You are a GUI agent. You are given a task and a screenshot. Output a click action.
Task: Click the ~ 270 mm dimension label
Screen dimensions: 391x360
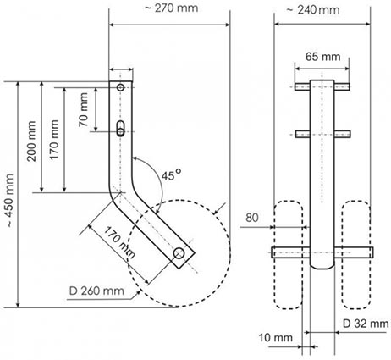[x=171, y=8]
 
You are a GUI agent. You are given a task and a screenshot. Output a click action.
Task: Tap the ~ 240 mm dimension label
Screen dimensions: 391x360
[x=313, y=10]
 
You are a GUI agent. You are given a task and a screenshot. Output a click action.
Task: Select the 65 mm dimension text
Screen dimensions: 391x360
[x=322, y=57]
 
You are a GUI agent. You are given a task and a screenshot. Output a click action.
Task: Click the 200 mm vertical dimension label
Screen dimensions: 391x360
[x=31, y=141]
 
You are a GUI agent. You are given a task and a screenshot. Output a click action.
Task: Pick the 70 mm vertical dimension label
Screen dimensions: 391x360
[x=83, y=110]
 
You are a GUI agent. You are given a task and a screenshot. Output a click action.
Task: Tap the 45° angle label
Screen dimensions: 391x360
[x=171, y=175]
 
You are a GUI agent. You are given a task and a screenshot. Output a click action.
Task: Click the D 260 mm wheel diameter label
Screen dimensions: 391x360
[x=96, y=291]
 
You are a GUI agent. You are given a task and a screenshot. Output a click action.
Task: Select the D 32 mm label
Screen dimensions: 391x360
[x=366, y=324]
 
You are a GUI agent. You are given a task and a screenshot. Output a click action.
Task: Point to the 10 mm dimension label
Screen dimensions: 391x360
[x=276, y=338]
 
